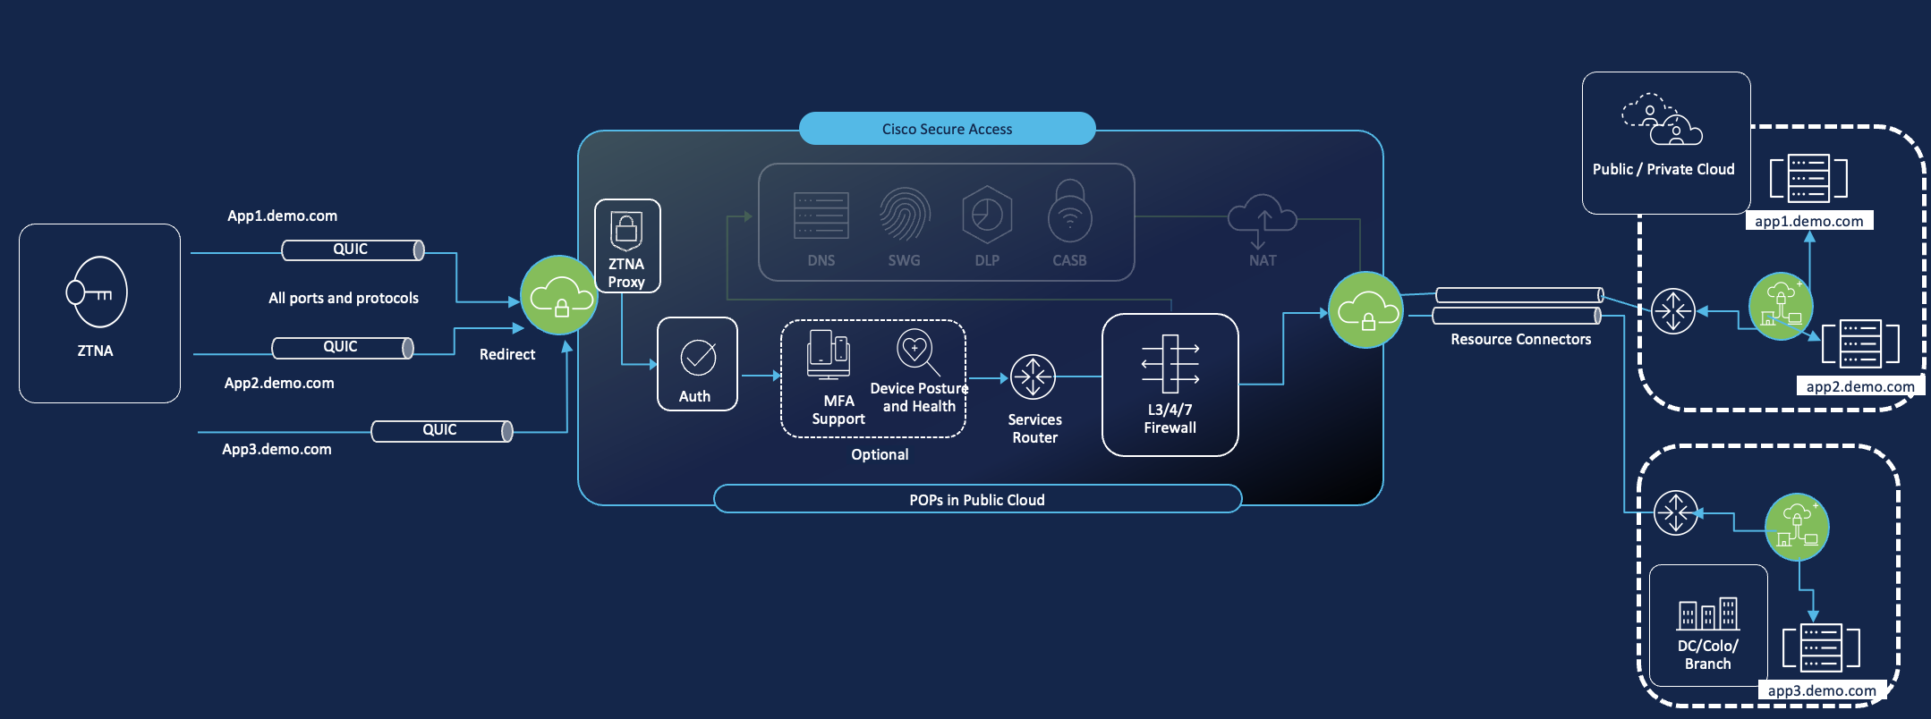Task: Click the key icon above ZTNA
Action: point(96,292)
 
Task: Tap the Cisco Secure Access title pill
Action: point(947,129)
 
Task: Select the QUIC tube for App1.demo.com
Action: point(353,250)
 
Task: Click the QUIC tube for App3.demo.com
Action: point(441,431)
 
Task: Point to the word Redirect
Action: point(506,354)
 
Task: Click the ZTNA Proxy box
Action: point(627,246)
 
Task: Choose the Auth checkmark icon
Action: point(698,357)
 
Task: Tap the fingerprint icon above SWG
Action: point(904,215)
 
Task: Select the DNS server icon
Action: point(821,216)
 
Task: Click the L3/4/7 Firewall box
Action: point(1170,385)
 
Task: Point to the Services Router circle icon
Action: point(1033,376)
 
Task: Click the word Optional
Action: point(880,454)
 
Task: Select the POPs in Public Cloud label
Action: point(976,500)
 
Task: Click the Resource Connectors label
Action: point(1520,339)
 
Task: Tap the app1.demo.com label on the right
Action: point(1808,221)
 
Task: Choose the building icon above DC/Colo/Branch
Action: point(1707,614)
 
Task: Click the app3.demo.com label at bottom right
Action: point(1821,690)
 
